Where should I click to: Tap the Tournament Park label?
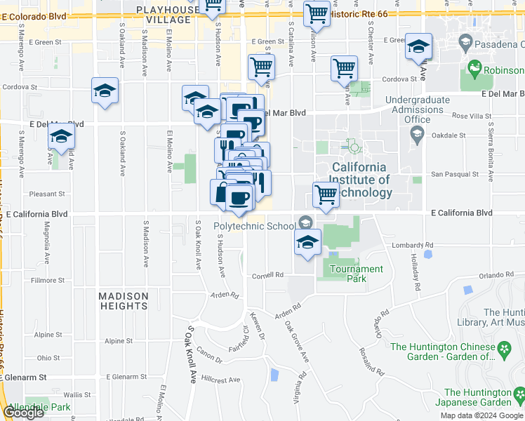[356, 274]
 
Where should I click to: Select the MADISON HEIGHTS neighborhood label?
[123, 301]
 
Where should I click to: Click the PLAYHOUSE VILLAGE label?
[164, 15]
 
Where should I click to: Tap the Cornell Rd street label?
[268, 275]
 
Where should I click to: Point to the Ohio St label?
[48, 358]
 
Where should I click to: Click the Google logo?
[23, 413]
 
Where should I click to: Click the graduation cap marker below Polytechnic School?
[307, 242]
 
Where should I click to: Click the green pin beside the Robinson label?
[475, 69]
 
